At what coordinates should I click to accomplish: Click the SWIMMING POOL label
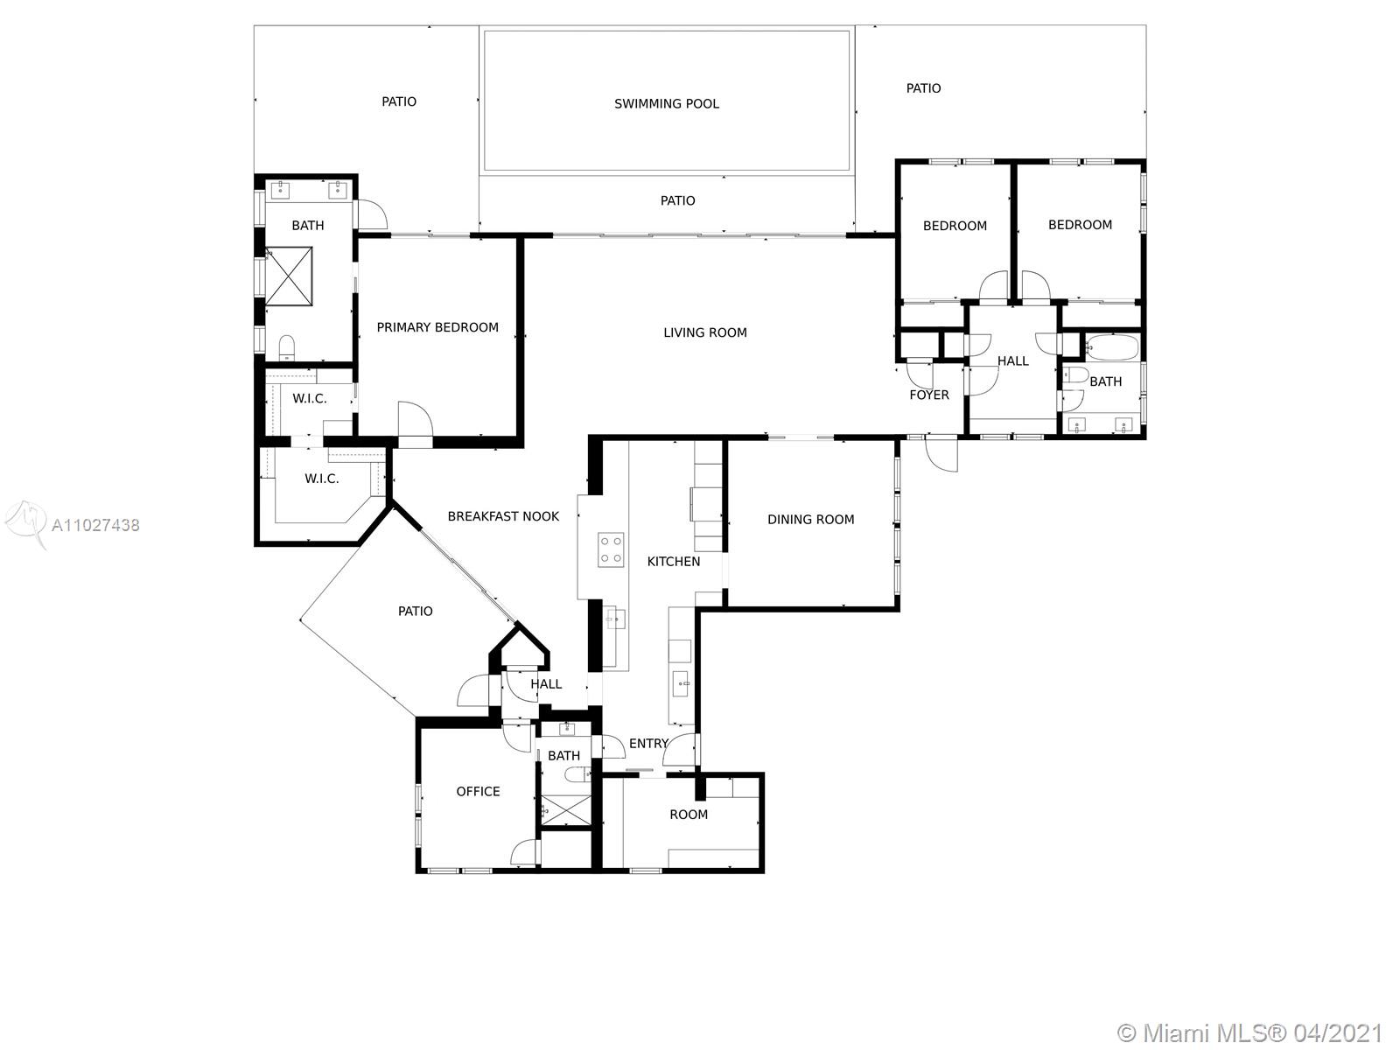click(x=666, y=103)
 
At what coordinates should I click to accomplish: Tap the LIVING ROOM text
click(x=704, y=332)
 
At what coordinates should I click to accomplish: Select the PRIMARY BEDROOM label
click(x=437, y=327)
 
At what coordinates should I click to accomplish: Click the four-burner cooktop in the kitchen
click(x=611, y=550)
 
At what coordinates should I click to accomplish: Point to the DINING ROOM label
click(x=810, y=519)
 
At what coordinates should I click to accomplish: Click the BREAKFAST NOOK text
click(x=503, y=516)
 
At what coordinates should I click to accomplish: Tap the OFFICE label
click(x=478, y=791)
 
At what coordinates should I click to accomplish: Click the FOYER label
click(x=928, y=395)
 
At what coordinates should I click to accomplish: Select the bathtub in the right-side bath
click(x=1111, y=348)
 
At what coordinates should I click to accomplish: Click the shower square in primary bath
click(x=289, y=276)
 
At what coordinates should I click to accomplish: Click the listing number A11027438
click(x=95, y=525)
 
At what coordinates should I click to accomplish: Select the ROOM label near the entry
click(x=689, y=815)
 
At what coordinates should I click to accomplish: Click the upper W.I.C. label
click(x=309, y=398)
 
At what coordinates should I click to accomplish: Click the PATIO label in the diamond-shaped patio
click(x=415, y=611)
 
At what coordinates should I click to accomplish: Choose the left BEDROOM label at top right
click(x=955, y=226)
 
